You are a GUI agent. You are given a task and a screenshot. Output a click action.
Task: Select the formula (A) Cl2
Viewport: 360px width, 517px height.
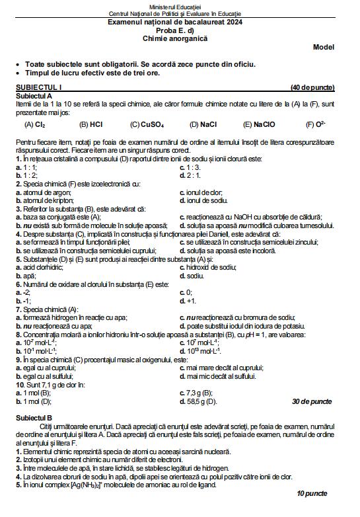pos(34,124)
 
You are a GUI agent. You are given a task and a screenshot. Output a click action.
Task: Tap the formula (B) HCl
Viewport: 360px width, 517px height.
pos(90,124)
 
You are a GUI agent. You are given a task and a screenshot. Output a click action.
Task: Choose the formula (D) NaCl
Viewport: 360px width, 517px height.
pos(203,124)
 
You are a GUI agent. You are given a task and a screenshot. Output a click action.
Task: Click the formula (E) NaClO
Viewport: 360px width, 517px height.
pos(260,124)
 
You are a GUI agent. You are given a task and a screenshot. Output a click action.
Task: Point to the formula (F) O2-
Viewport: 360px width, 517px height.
pos(316,124)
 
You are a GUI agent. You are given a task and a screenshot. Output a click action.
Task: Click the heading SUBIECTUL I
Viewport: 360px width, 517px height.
pos(38,88)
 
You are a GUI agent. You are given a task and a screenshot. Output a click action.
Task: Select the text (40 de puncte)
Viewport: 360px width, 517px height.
pos(312,88)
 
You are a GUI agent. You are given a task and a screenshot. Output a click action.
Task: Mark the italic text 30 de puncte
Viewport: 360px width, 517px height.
pos(312,401)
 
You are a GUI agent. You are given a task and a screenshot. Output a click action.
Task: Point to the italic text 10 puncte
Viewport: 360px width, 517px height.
pos(312,493)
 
